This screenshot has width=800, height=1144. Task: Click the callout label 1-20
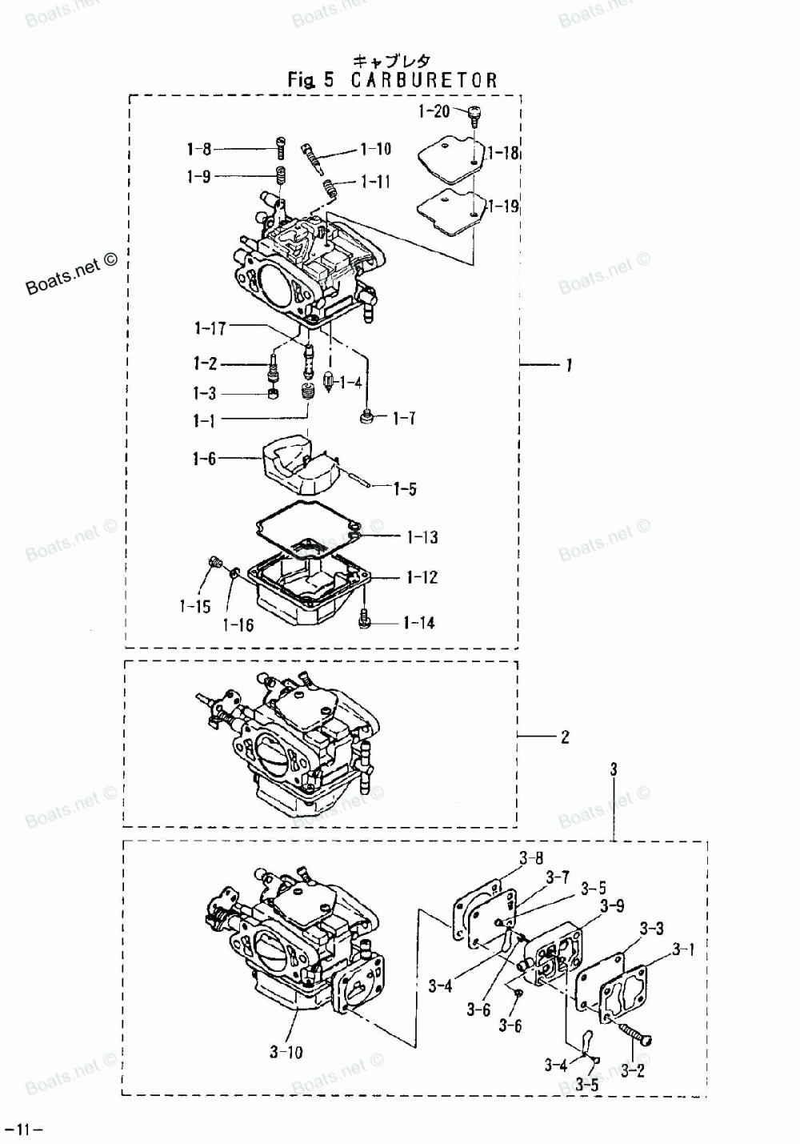pyautogui.click(x=434, y=112)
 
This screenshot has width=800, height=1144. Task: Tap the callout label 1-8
pyautogui.click(x=199, y=149)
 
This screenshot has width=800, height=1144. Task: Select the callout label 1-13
pyautogui.click(x=422, y=537)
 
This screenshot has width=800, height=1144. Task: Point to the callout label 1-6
pyautogui.click(x=204, y=459)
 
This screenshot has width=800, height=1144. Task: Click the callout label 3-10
pyautogui.click(x=286, y=1052)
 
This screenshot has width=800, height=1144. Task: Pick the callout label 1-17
pyautogui.click(x=210, y=327)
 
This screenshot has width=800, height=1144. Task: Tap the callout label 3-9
pyautogui.click(x=612, y=906)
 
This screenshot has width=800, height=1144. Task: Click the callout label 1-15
pyautogui.click(x=194, y=606)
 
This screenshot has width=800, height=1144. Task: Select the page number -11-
pyautogui.click(x=23, y=1130)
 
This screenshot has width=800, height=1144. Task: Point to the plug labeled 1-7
pyautogui.click(x=366, y=416)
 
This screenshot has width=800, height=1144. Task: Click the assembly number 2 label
pyautogui.click(x=565, y=737)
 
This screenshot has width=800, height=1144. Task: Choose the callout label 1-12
pyautogui.click(x=422, y=577)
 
